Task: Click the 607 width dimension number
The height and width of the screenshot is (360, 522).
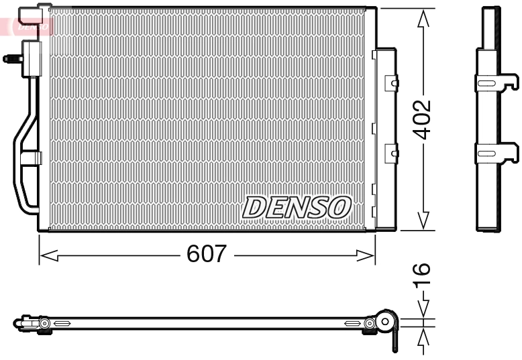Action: tap(207, 254)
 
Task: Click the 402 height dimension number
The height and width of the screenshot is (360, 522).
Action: tap(422, 120)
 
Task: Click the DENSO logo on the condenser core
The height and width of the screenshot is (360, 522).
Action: tap(297, 207)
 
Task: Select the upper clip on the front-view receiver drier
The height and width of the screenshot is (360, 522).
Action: tap(391, 82)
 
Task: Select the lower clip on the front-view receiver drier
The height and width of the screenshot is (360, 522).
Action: tap(391, 154)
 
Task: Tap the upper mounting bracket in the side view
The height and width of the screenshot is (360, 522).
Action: tap(496, 82)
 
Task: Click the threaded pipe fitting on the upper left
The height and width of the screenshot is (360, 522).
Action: tap(11, 58)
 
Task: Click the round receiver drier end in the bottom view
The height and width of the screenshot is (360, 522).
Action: tap(385, 322)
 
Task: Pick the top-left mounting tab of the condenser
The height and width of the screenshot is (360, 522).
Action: tap(36, 13)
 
